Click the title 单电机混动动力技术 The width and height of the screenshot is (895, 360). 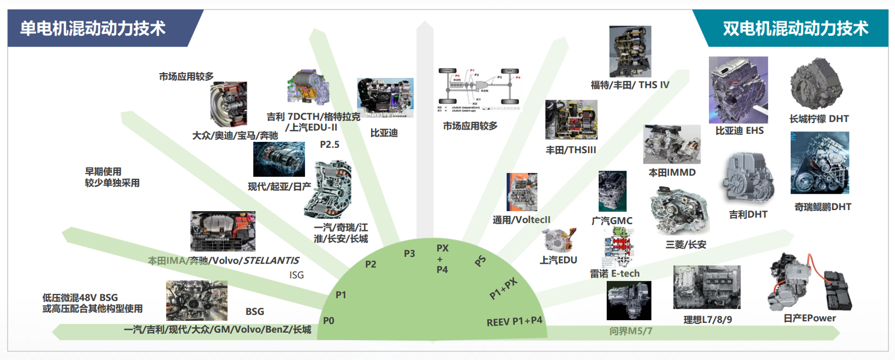93,28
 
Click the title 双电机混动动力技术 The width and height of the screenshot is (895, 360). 795,28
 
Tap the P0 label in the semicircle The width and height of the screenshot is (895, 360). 329,321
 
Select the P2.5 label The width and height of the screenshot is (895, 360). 330,145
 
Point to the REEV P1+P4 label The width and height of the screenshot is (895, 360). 514,321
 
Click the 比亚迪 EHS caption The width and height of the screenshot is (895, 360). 739,131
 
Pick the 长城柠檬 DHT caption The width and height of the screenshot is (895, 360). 819,119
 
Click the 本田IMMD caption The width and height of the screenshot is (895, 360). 672,172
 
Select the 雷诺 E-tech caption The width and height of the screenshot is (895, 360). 614,273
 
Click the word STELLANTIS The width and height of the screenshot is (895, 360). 271,261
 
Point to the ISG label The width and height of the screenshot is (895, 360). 296,275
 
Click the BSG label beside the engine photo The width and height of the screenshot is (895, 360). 254,311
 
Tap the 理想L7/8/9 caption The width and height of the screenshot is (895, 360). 707,320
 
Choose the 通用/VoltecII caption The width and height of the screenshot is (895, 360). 521,220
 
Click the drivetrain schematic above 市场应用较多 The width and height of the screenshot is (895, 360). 479,89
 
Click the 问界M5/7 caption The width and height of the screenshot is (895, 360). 630,331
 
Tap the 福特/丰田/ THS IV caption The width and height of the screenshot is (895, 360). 630,85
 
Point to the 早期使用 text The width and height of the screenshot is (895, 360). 103,172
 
